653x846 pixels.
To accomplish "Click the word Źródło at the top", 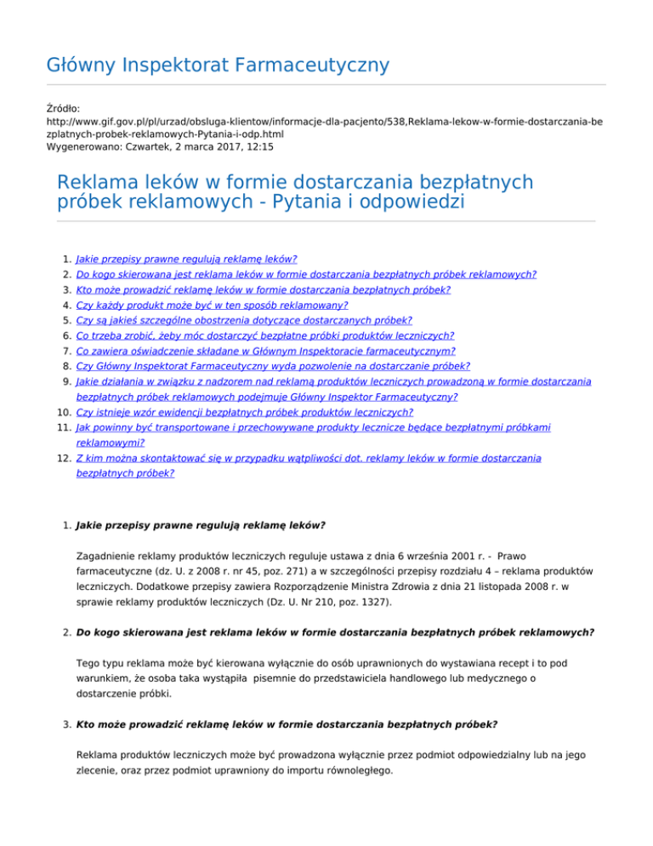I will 62,108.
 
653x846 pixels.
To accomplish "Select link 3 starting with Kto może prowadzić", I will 263,289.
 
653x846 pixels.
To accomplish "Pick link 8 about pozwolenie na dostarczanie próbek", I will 272,366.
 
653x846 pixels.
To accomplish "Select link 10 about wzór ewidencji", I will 244,412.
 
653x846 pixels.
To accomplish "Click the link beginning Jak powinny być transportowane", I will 312,427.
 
